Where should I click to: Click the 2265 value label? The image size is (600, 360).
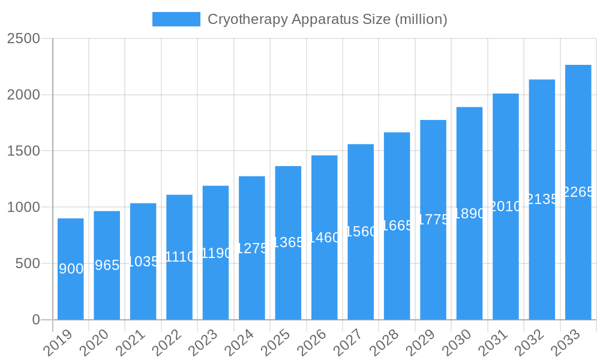click(578, 192)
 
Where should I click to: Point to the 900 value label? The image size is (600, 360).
click(71, 269)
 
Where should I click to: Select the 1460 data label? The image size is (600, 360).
click(324, 238)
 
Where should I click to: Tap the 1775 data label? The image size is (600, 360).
click(433, 220)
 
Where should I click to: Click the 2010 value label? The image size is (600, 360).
click(505, 206)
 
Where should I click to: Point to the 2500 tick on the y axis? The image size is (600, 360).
click(23, 38)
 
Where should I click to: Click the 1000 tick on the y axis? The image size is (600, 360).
click(23, 207)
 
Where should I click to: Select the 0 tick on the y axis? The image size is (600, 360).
click(36, 320)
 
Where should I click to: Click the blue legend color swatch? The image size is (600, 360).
click(176, 19)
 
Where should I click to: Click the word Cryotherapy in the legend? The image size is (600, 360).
click(247, 19)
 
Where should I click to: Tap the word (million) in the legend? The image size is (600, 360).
click(421, 19)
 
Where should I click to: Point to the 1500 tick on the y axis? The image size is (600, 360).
click(23, 151)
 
